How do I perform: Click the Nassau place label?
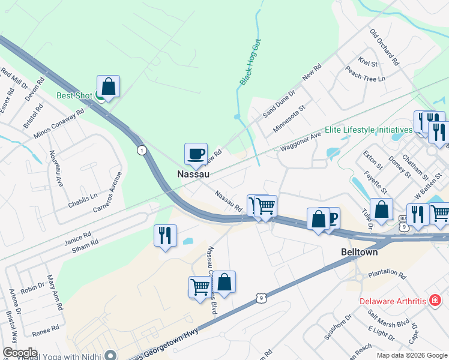point(193,174)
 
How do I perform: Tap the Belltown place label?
point(358,253)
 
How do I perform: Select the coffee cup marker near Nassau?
point(196,154)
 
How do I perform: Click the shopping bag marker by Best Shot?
point(108,86)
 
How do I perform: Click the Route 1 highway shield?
point(141,149)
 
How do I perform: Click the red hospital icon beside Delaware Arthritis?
point(434,301)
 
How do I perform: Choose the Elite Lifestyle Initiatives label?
point(369,130)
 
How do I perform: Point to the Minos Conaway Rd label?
point(59,125)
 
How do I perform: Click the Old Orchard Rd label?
point(384,47)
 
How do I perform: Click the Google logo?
point(20,353)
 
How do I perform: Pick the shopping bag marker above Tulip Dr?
point(381,210)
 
